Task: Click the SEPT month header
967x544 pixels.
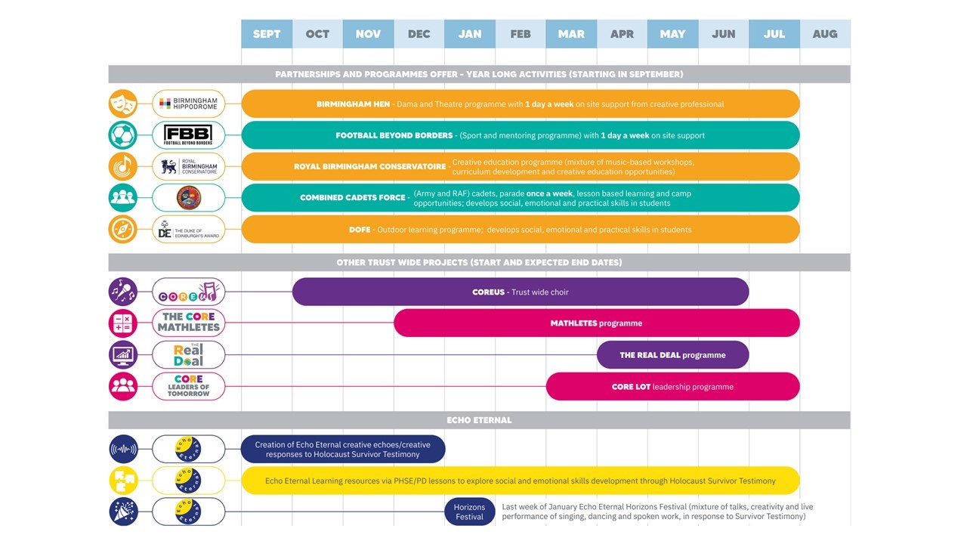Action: tap(267, 34)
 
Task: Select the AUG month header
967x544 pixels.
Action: tap(825, 34)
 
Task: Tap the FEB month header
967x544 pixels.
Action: tap(521, 34)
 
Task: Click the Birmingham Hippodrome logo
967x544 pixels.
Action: tap(189, 104)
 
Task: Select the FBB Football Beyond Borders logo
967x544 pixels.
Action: tap(189, 135)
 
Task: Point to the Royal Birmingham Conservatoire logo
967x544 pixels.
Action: tap(189, 167)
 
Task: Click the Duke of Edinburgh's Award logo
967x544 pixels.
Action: tap(189, 230)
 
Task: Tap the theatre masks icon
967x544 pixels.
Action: tap(123, 104)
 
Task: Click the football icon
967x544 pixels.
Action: tap(123, 135)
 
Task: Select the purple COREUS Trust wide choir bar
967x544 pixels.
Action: tap(520, 292)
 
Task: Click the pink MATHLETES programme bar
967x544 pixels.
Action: tap(596, 323)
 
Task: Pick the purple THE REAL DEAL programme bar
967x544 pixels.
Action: tap(672, 355)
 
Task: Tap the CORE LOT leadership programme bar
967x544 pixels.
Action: tap(672, 387)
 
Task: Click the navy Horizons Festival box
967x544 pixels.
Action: tap(469, 512)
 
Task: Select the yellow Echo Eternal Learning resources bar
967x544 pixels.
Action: tap(520, 481)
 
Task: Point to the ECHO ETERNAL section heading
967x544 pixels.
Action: tap(479, 420)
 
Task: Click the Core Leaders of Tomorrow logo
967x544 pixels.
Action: tap(189, 386)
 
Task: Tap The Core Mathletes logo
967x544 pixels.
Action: tap(189, 323)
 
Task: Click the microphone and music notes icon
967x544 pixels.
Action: tap(123, 292)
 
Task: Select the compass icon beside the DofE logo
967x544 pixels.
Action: tap(123, 230)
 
